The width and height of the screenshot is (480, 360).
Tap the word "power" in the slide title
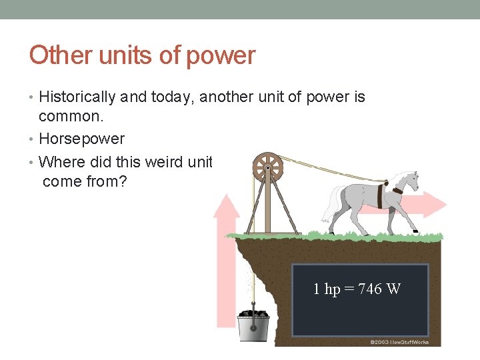tap(221, 55)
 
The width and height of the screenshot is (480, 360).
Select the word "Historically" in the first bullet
tap(77, 97)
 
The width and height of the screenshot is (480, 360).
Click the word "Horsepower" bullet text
tap(81, 139)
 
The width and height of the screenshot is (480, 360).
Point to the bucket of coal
tap(254, 324)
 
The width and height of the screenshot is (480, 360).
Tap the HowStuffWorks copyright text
tap(399, 342)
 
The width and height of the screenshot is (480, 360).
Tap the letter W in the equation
tap(394, 289)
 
